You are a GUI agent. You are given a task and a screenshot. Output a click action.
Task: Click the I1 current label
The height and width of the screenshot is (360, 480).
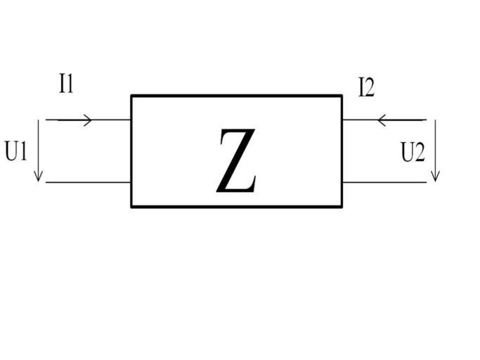coord(67,85)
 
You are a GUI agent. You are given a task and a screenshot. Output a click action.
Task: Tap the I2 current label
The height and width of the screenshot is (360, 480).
coord(366,88)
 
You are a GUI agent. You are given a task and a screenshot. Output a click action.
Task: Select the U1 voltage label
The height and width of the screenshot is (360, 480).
coord(16,152)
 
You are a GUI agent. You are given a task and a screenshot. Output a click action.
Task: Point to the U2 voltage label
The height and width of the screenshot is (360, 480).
coord(413,153)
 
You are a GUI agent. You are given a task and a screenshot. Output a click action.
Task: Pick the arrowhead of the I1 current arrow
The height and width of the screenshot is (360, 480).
coord(89,120)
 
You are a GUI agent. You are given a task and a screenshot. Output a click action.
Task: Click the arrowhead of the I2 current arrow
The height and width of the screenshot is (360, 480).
coord(382,120)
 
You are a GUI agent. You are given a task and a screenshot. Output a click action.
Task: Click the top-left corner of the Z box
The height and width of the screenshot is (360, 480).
coord(131,96)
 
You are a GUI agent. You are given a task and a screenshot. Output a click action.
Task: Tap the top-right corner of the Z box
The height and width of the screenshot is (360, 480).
coord(342,96)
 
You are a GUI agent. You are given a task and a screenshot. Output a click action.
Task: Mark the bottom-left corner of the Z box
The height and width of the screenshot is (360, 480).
coord(131,207)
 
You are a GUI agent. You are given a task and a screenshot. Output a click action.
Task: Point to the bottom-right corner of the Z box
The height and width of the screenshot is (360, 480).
coord(342,207)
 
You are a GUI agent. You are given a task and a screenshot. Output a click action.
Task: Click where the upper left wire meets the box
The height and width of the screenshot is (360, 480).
coord(131,120)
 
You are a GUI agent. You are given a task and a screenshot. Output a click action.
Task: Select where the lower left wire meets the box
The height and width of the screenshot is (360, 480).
coord(131,183)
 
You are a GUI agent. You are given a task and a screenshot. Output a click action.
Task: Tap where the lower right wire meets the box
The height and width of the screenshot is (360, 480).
coord(342,183)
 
